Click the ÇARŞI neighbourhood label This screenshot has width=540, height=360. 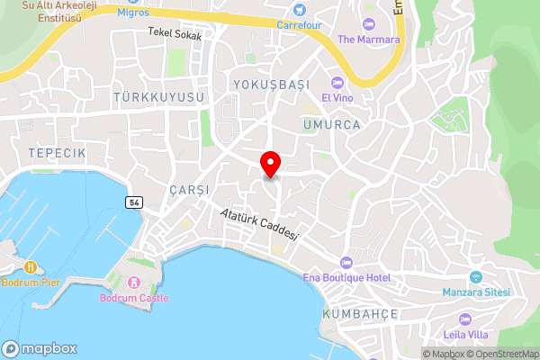point(188,190)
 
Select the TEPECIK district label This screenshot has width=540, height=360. point(56,154)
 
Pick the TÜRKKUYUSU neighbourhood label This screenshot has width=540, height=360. point(159,96)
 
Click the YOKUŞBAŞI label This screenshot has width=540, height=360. point(271,85)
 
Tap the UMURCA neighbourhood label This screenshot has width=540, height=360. point(332,124)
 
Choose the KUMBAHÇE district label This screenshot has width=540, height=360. point(359,314)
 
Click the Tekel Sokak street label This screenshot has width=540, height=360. point(175,33)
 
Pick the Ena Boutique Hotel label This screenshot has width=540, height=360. point(346,277)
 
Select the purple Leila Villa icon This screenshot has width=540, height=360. point(465,319)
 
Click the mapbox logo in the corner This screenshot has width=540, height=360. point(40,348)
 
